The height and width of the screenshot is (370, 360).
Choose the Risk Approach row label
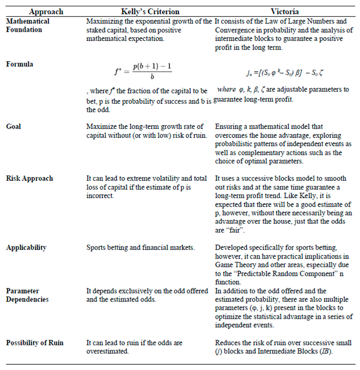[30, 178]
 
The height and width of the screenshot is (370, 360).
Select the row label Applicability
[26, 247]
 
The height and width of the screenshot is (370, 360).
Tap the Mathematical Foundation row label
[27, 25]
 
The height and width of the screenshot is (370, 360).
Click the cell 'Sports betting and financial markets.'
[140, 248]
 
